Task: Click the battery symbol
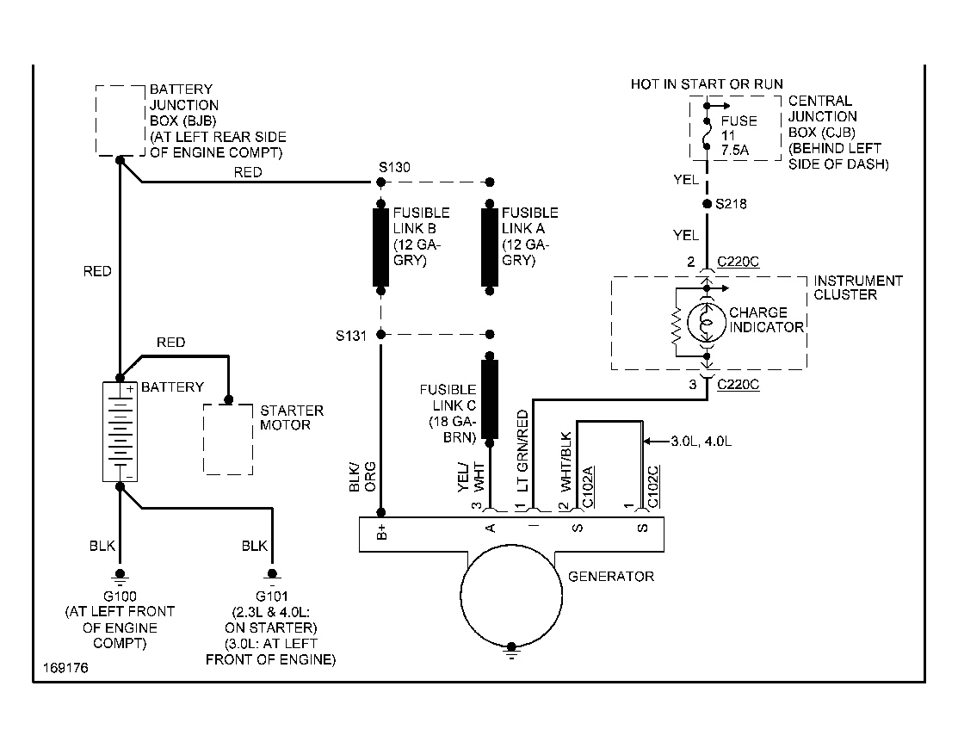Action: point(120,431)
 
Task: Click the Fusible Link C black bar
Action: point(491,399)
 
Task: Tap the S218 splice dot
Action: point(707,204)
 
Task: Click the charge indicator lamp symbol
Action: point(707,320)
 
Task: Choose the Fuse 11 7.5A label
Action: point(739,135)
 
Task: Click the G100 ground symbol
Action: point(120,574)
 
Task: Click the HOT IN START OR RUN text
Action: point(707,84)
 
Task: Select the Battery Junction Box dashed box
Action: point(120,120)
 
